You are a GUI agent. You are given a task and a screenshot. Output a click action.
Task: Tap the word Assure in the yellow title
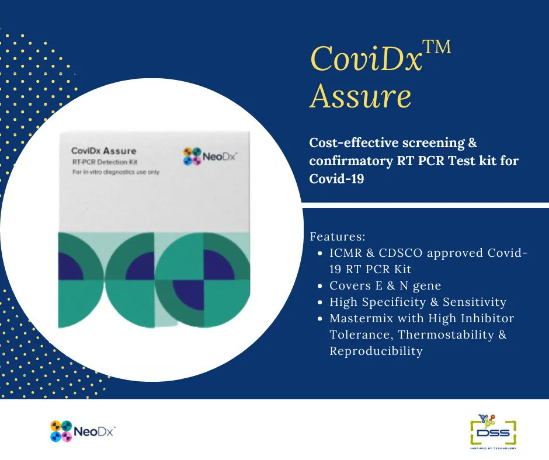point(361,96)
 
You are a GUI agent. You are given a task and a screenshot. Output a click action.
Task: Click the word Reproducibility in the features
point(376,351)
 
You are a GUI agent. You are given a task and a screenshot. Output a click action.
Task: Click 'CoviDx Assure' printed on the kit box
point(103,151)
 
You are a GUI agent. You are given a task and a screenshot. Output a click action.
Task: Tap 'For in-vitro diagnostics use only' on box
point(116,172)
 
